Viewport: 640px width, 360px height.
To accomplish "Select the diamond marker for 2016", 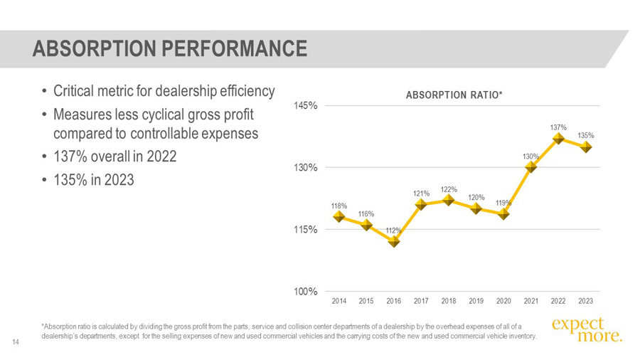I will (394, 241).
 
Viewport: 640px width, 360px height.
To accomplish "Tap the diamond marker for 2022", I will (558, 139).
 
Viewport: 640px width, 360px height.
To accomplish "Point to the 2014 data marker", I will (340, 216).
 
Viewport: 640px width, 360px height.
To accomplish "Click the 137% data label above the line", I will (558, 127).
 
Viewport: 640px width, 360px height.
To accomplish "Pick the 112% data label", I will (394, 231).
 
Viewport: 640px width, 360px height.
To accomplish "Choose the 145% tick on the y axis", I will (306, 106).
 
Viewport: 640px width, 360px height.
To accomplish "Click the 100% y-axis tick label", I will (306, 292).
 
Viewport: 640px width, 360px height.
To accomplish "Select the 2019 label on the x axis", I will (476, 301).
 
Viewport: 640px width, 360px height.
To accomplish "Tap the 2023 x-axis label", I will (585, 301).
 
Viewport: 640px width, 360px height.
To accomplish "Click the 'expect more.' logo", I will (587, 329).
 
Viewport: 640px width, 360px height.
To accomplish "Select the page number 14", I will (15, 344).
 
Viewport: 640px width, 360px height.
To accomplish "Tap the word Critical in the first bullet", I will (75, 92).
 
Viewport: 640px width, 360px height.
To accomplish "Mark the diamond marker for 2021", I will (531, 167).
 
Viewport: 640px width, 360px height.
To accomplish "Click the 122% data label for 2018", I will (449, 189).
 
